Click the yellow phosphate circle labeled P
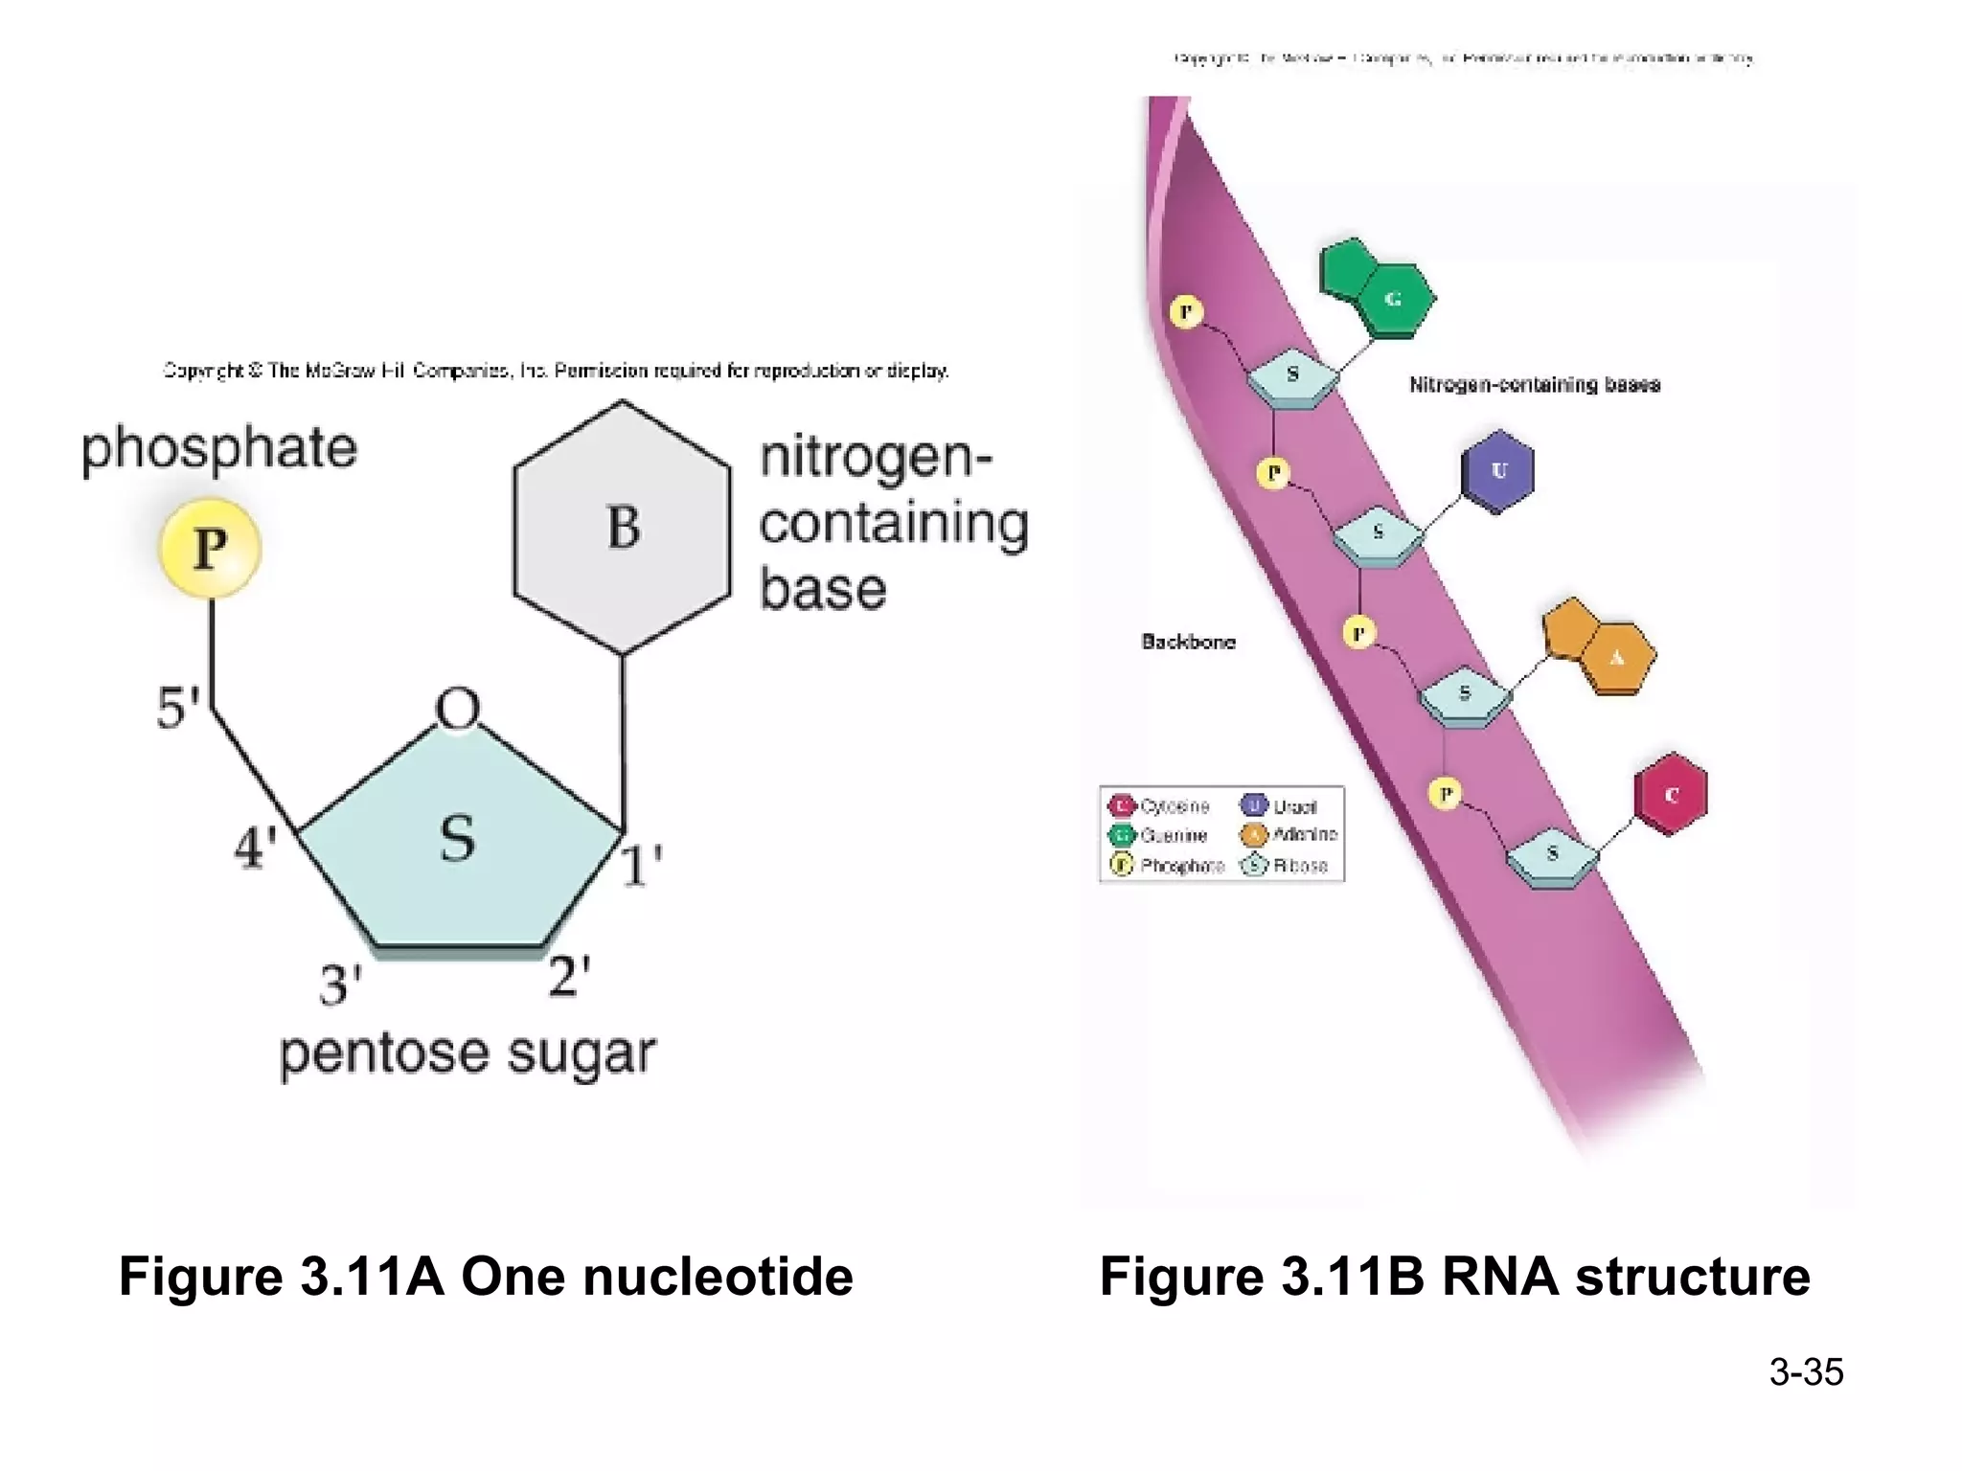[x=210, y=549]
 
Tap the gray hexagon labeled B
[x=623, y=528]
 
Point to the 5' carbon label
[x=178, y=709]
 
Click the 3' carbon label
[x=340, y=984]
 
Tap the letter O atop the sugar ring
[x=457, y=710]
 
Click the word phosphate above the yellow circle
[x=218, y=448]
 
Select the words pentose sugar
[x=468, y=1053]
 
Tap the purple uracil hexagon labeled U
[x=1498, y=470]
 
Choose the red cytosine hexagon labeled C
[x=1671, y=794]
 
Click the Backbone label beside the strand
[x=1188, y=642]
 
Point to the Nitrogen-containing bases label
[x=1534, y=385]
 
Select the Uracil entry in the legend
[x=1281, y=806]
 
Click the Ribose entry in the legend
[x=1286, y=866]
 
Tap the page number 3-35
[x=1806, y=1371]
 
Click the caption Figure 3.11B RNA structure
[x=1454, y=1277]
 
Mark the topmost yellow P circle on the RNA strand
[x=1186, y=311]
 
